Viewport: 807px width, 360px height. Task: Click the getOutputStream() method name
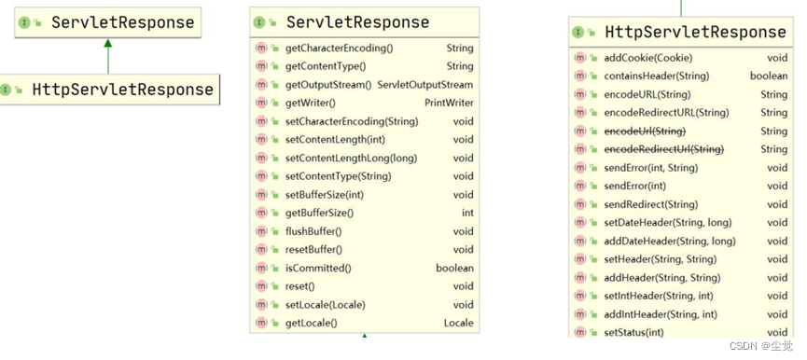pos(327,85)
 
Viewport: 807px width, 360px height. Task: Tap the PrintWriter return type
pos(449,103)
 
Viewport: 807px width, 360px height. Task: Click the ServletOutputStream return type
pos(424,85)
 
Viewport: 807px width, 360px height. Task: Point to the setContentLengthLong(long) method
pos(351,158)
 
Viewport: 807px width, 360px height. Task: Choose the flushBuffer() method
pos(313,231)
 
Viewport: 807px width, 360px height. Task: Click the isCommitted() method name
pos(318,268)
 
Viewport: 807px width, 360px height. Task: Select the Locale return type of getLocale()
pos(458,323)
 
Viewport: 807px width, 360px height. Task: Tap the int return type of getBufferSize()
pos(467,213)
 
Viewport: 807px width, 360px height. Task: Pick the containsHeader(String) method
pos(656,76)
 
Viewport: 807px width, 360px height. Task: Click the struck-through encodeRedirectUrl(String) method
pos(663,149)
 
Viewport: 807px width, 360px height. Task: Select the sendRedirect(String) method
pos(650,204)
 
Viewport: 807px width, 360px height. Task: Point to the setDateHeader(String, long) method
pos(669,222)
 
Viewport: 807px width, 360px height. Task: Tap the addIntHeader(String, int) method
pos(661,314)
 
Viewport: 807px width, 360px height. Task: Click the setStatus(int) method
pos(633,332)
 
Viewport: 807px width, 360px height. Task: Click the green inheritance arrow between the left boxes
pos(108,56)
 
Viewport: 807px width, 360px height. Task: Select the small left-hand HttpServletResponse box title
pos(122,90)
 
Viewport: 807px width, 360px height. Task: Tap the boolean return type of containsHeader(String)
pos(768,76)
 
